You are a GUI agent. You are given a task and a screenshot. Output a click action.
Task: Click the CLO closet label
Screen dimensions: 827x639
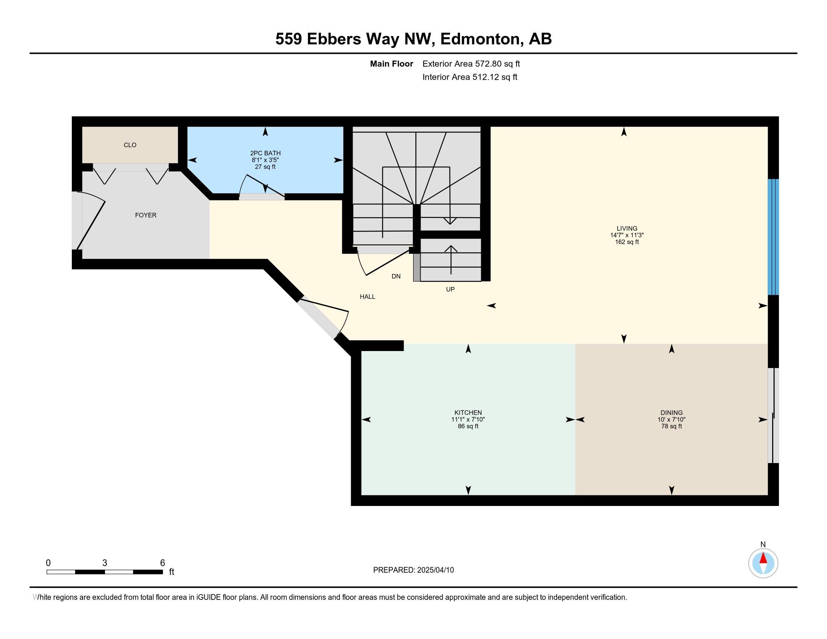click(130, 145)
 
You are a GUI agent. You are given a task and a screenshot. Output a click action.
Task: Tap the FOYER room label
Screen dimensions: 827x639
click(146, 215)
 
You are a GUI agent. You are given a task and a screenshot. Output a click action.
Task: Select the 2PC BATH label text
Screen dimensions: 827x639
click(265, 153)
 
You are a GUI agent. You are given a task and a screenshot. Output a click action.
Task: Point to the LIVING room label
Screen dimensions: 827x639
click(627, 228)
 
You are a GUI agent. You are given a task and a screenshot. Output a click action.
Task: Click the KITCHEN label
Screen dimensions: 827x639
click(468, 413)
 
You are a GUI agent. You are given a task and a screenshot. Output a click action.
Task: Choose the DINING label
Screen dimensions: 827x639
click(672, 413)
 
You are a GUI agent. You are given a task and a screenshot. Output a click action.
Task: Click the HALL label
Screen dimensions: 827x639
click(368, 297)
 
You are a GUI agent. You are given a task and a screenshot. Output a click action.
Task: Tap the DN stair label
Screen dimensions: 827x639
click(396, 276)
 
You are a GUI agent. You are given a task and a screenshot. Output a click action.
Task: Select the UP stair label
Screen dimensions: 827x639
click(450, 289)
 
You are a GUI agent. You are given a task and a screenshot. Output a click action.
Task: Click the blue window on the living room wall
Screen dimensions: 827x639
click(773, 237)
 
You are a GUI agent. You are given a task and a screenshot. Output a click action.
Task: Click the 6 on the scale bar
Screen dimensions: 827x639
click(162, 563)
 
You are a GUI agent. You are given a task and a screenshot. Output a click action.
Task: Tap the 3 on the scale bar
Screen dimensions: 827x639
click(105, 563)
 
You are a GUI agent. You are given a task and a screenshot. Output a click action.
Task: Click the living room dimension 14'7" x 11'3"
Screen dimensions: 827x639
click(627, 235)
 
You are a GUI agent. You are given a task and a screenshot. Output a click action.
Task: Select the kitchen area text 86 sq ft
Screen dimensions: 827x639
click(468, 426)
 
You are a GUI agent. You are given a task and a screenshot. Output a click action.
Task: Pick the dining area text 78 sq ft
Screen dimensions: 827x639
click(672, 426)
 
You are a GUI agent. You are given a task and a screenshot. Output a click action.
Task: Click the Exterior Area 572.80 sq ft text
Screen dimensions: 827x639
click(471, 64)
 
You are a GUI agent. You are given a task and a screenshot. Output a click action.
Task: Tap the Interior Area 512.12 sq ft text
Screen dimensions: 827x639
click(470, 77)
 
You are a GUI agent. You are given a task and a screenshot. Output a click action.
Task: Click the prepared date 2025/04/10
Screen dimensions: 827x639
click(435, 570)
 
